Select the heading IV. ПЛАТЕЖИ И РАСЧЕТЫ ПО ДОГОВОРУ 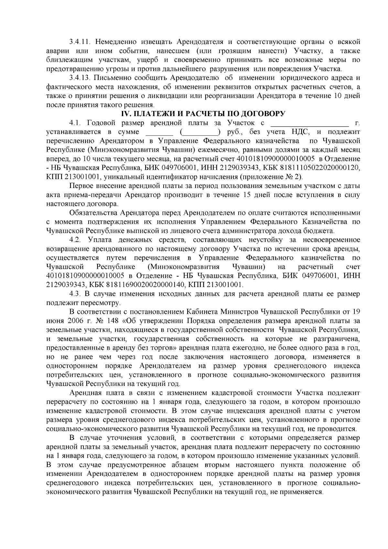(x=203, y=114)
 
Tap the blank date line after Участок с (x=309, y=123)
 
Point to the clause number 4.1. (x=76, y=123)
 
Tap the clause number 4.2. (x=77, y=240)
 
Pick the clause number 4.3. (x=76, y=294)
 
